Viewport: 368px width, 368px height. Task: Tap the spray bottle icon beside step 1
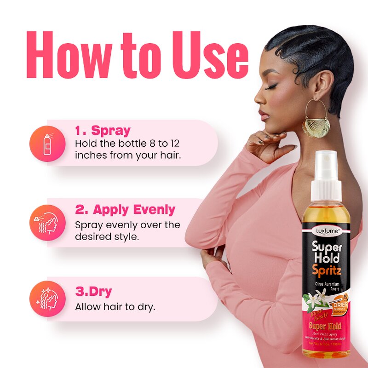47,143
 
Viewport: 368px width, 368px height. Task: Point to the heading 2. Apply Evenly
125,210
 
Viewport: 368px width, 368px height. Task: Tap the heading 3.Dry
93,292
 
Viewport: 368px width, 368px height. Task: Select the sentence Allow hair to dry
115,306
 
